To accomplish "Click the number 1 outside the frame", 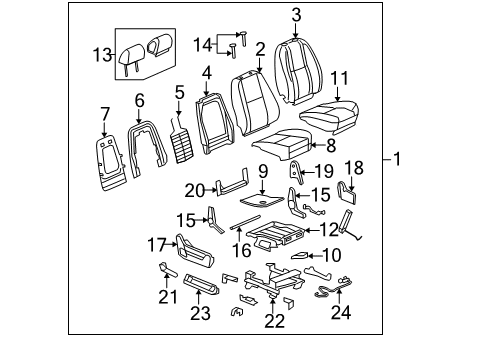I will (398, 159).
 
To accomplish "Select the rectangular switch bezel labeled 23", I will (200, 297).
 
